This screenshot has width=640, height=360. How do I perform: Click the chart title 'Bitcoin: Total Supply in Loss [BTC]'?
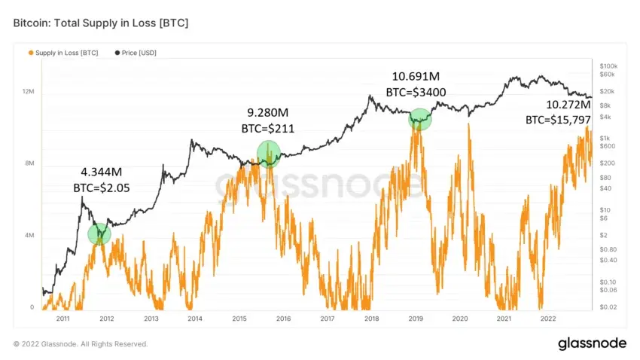(x=101, y=23)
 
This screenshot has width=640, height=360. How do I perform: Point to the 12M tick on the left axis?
(x=28, y=91)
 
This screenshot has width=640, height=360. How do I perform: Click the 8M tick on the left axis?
(x=29, y=163)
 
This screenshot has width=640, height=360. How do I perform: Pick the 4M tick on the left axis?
(x=29, y=236)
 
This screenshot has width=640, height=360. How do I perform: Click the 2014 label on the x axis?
(x=195, y=319)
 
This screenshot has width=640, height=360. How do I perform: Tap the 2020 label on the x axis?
(x=460, y=319)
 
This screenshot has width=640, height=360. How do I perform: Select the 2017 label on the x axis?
(x=328, y=319)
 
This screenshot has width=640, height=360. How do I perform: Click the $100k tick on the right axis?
(x=608, y=66)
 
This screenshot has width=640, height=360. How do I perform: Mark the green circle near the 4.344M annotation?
(x=99, y=234)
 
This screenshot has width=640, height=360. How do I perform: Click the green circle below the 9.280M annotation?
(x=268, y=153)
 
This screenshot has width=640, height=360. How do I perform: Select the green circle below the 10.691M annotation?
(x=420, y=119)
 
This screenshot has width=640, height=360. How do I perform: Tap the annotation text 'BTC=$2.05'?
(x=101, y=188)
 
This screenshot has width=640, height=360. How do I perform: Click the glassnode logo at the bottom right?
(x=592, y=343)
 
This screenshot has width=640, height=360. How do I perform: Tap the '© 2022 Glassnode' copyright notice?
(x=81, y=344)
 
